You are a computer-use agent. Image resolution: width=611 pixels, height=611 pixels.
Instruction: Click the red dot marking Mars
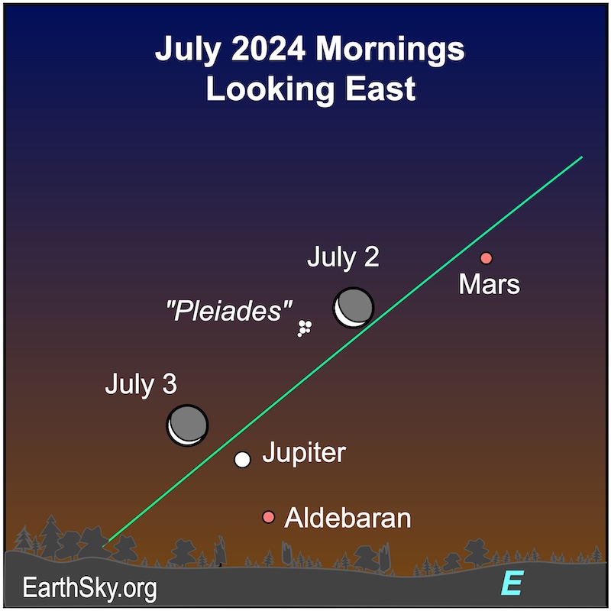[486, 258]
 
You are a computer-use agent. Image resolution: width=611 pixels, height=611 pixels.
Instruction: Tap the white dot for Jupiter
[242, 460]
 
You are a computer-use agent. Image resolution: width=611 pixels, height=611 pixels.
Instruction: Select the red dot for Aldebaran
[268, 517]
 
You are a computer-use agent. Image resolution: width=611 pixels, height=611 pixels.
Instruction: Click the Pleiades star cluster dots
[304, 328]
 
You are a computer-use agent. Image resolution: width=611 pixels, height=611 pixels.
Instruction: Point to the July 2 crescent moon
[353, 308]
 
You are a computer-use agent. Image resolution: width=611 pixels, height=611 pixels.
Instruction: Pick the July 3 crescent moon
[187, 425]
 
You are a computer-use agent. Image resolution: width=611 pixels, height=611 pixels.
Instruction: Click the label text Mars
[489, 284]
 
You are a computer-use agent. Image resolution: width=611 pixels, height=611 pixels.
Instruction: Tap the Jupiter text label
[304, 452]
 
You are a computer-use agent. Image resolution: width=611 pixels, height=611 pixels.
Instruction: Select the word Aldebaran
[348, 518]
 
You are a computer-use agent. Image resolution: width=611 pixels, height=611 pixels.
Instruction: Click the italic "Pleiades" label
[228, 311]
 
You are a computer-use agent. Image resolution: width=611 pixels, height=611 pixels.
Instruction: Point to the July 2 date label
[343, 257]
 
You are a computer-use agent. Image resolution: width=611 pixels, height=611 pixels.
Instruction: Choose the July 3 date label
[141, 385]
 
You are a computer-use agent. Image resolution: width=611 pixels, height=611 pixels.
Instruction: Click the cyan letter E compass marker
[512, 584]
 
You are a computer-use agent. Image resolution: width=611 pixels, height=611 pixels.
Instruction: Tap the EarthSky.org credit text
[89, 588]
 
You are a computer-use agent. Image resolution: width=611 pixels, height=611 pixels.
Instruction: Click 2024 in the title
[268, 49]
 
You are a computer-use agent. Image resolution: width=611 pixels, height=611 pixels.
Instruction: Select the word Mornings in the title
[390, 50]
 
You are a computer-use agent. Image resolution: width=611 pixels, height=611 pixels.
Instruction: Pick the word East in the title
[380, 89]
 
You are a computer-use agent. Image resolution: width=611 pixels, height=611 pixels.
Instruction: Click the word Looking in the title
[270, 90]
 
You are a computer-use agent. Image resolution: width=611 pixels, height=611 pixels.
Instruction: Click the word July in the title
[188, 50]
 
